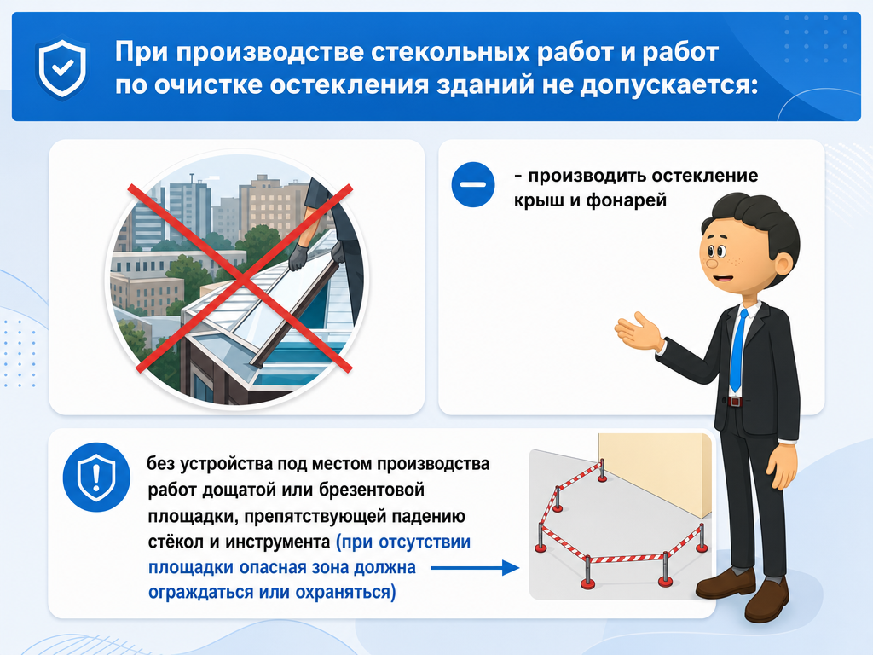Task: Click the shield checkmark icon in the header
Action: tap(62, 67)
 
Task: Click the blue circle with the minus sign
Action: tap(472, 185)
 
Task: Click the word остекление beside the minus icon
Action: tap(705, 176)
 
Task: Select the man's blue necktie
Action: tap(737, 351)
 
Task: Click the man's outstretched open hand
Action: tap(638, 332)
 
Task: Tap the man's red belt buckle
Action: tap(735, 401)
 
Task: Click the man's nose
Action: tap(710, 263)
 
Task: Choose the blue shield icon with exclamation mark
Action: tap(96, 478)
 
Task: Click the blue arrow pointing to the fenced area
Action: tap(475, 568)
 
